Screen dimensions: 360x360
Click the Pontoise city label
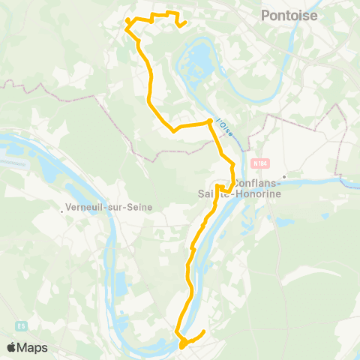(289, 15)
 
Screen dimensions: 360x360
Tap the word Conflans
(259, 184)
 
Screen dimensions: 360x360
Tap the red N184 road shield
(260, 163)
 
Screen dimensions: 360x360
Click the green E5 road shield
(22, 326)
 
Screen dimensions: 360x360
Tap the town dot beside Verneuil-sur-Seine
(62, 211)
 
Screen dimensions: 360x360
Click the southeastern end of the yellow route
(204, 331)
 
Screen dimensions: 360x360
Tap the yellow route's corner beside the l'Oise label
(209, 121)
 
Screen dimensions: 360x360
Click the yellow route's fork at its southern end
(181, 340)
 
